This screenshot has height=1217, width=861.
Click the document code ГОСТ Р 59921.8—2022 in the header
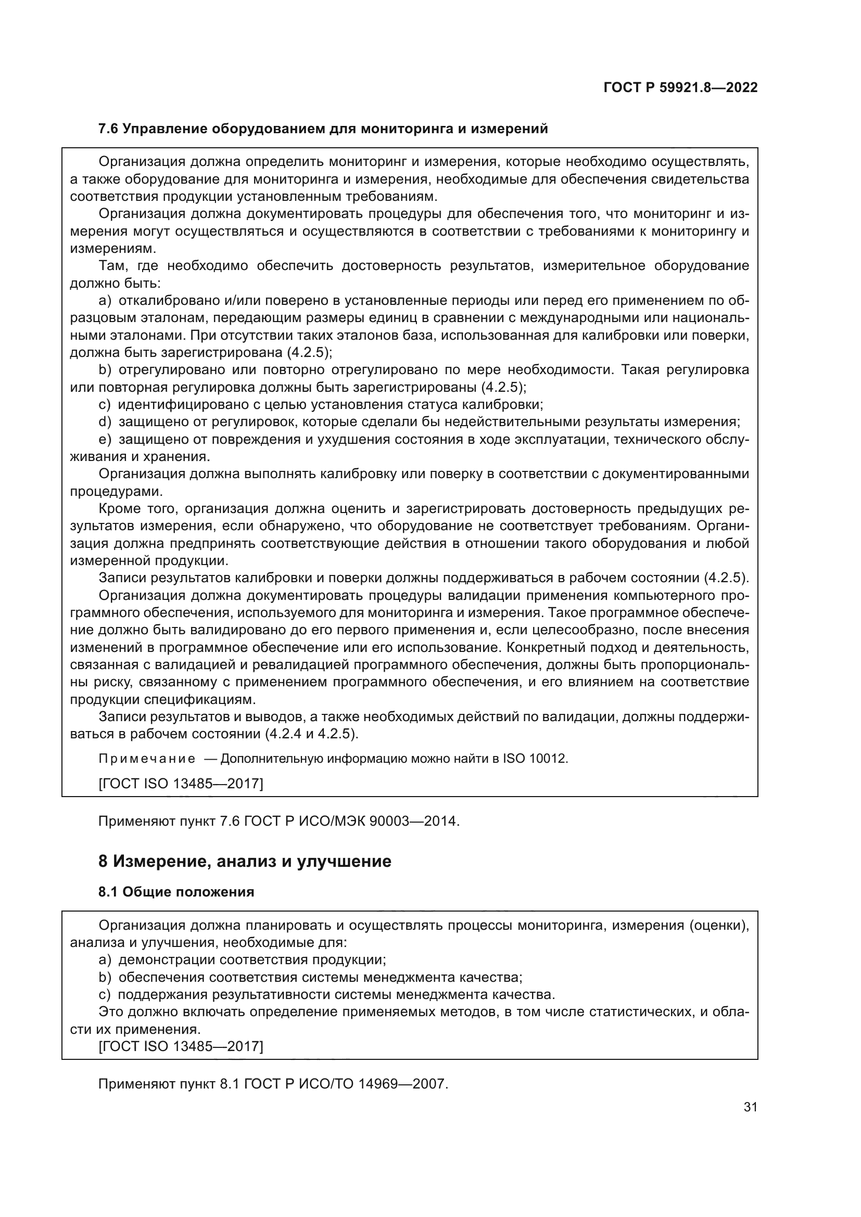(x=680, y=87)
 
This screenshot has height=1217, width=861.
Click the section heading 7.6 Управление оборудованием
(x=323, y=129)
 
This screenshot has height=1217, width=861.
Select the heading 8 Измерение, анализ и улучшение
(x=245, y=861)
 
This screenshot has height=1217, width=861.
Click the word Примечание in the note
(x=147, y=759)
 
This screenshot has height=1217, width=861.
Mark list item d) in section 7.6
(x=105, y=422)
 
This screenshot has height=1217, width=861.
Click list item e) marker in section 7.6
(x=105, y=440)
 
